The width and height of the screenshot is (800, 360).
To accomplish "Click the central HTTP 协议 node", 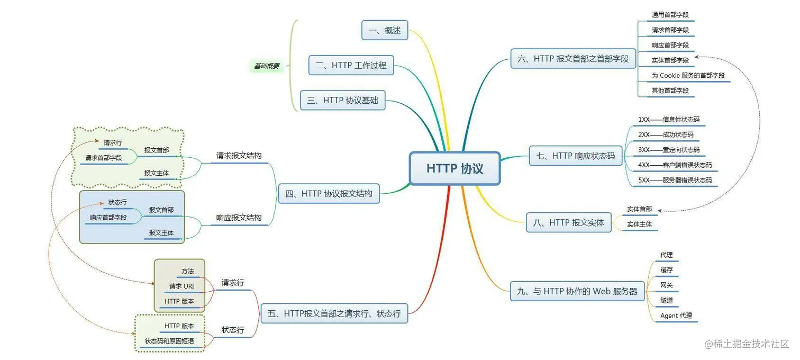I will [x=454, y=169].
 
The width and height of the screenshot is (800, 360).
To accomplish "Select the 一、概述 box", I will [x=385, y=30].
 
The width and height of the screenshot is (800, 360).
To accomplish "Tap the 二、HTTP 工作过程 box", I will [x=351, y=65].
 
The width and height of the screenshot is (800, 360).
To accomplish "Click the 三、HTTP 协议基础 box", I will [x=343, y=100].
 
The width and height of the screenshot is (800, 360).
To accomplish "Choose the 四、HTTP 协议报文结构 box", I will [x=329, y=194].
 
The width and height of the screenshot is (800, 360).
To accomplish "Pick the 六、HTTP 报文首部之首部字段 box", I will [x=573, y=59].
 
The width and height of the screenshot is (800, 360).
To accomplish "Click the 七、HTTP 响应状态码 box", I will [x=576, y=156].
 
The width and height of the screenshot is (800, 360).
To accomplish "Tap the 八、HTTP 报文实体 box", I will [x=569, y=222].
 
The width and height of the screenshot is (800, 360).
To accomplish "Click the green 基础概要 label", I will [x=266, y=66].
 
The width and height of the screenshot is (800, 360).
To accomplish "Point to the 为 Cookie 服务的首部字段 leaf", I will [x=688, y=76].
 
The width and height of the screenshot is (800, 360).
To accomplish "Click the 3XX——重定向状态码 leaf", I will [x=668, y=150].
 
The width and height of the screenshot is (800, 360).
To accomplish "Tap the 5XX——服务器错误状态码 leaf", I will [x=675, y=180].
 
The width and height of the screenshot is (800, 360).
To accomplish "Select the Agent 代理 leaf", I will [x=676, y=316].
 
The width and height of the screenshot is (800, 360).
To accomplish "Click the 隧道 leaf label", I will [x=666, y=300].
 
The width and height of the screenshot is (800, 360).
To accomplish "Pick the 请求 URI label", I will [x=181, y=286].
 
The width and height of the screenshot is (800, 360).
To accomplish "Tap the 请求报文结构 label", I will [x=239, y=156].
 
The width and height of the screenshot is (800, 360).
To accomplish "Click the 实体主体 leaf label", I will [x=639, y=224].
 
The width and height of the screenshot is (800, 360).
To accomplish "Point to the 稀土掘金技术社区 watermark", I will [x=747, y=344].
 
